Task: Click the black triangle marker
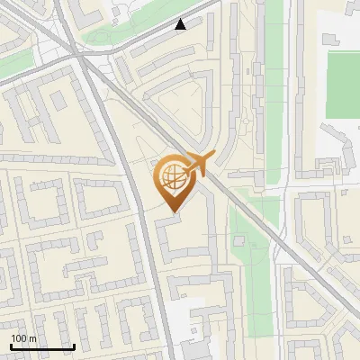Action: pyautogui.click(x=181, y=24)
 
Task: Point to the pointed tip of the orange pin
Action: pyautogui.click(x=171, y=210)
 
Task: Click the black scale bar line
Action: pyautogui.click(x=41, y=346)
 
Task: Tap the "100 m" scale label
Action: pyautogui.click(x=24, y=337)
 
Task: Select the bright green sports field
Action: pyautogui.click(x=342, y=85)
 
